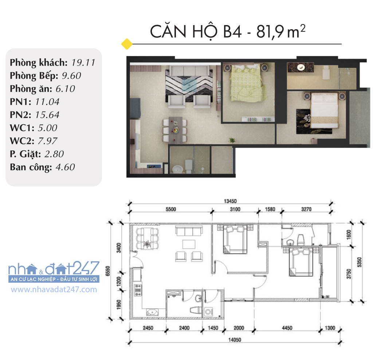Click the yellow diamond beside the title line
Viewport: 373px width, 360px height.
pyautogui.click(x=127, y=44)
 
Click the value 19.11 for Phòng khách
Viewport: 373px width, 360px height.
pyautogui.click(x=83, y=63)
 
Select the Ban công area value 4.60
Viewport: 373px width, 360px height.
pyautogui.click(x=65, y=167)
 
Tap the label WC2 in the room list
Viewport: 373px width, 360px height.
pyautogui.click(x=20, y=141)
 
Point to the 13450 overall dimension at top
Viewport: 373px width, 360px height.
pyautogui.click(x=230, y=201)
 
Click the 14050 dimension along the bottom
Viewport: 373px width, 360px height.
pyautogui.click(x=235, y=340)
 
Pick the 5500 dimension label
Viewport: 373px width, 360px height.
pyautogui.click(x=171, y=209)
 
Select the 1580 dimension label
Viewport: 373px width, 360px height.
pyautogui.click(x=270, y=209)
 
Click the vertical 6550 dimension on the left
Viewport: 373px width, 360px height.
pyautogui.click(x=108, y=271)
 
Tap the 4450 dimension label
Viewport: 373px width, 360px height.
pyautogui.click(x=287, y=328)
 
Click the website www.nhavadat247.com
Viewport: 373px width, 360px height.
pyautogui.click(x=54, y=290)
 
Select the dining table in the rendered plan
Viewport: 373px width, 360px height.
pyautogui.click(x=176, y=129)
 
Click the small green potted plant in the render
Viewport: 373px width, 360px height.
pyautogui.click(x=231, y=140)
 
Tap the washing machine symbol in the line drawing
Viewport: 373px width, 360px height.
pyautogui.click(x=208, y=312)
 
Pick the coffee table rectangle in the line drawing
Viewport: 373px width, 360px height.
pyautogui.click(x=189, y=244)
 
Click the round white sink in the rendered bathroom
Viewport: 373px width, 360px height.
pyautogui.click(x=177, y=169)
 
